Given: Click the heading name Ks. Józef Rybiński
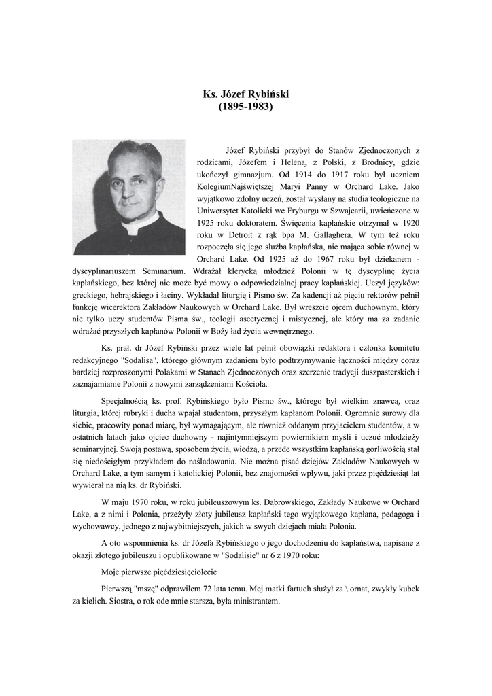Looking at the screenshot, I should (x=246, y=94).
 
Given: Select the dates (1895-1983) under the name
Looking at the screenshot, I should (x=245, y=107).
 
